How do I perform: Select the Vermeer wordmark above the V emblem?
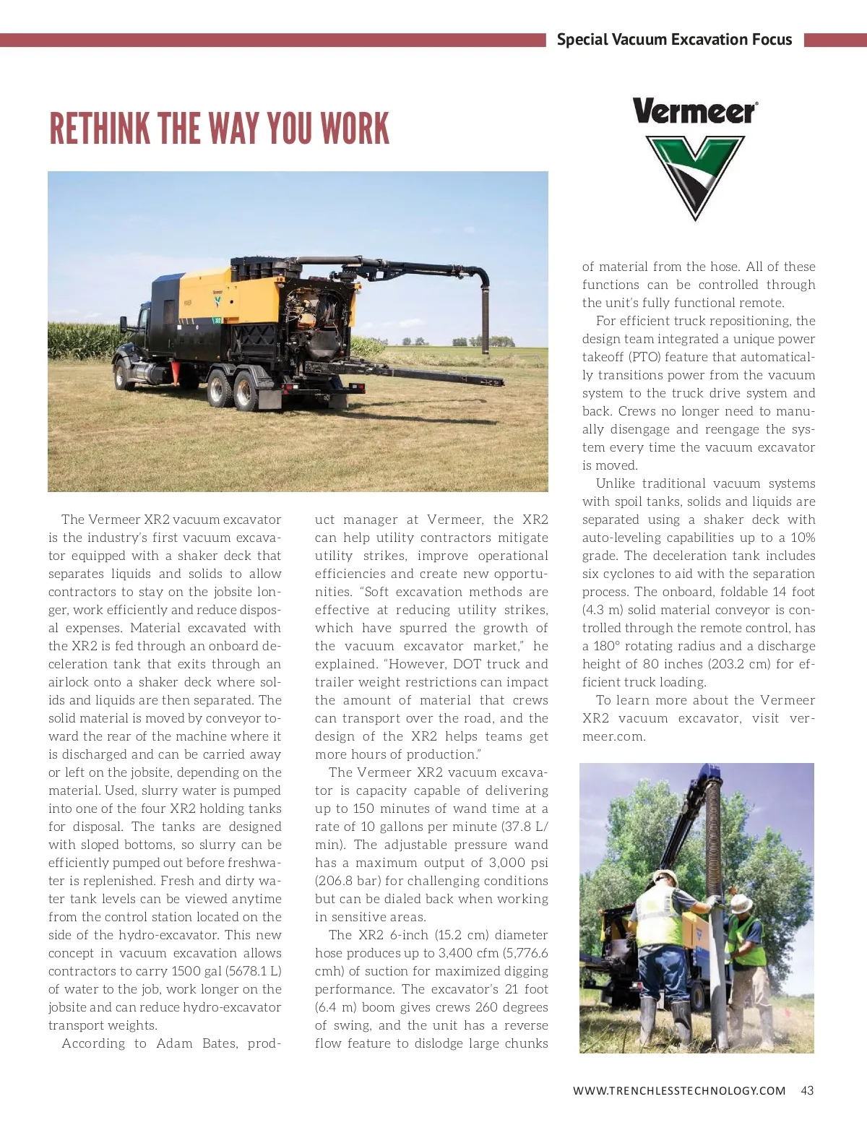click(x=695, y=112)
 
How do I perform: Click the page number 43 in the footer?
click(x=807, y=1090)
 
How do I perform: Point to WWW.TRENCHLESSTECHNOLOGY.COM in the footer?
click(x=679, y=1090)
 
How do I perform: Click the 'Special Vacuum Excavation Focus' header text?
click(x=674, y=40)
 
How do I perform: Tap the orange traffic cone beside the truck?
click(x=175, y=372)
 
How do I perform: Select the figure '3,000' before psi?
click(x=507, y=863)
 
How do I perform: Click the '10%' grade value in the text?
click(x=803, y=538)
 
